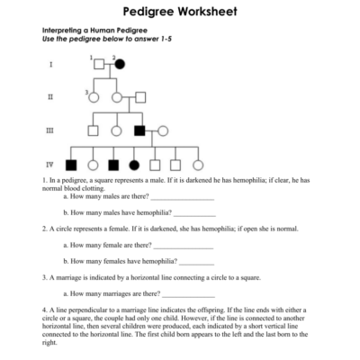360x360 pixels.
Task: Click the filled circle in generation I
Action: pos(119,65)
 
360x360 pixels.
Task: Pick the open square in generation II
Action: pos(139,97)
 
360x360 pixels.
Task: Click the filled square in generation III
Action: pos(139,130)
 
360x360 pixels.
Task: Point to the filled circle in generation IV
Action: pos(134,165)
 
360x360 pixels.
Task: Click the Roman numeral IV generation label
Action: pos(50,165)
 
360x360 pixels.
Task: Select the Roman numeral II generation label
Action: pos(50,97)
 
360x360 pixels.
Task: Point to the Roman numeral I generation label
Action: pos(50,65)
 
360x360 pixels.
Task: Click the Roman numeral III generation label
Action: pos(50,130)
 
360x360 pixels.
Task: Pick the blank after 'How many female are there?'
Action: pos(184,245)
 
